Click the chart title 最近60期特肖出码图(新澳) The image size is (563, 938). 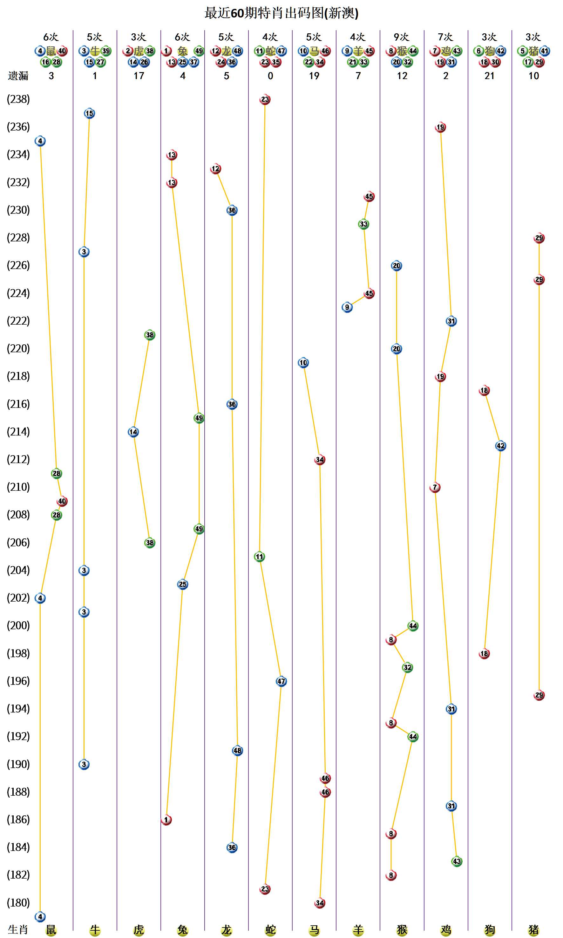click(x=281, y=13)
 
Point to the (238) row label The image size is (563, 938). click(x=18, y=99)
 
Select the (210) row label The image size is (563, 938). click(x=18, y=487)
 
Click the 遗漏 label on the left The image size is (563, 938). click(x=18, y=76)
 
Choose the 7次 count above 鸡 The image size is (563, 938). click(x=445, y=37)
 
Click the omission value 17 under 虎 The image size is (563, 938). click(x=139, y=76)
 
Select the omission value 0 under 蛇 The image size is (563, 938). click(x=270, y=76)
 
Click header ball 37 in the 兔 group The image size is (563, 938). click(x=193, y=62)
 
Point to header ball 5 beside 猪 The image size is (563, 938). click(x=522, y=51)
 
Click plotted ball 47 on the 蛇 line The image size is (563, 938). click(x=281, y=681)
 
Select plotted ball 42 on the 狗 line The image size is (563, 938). click(x=500, y=446)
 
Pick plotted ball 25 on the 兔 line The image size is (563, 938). click(x=182, y=584)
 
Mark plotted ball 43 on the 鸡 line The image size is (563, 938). click(x=457, y=861)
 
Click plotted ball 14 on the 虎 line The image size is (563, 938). click(x=133, y=432)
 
